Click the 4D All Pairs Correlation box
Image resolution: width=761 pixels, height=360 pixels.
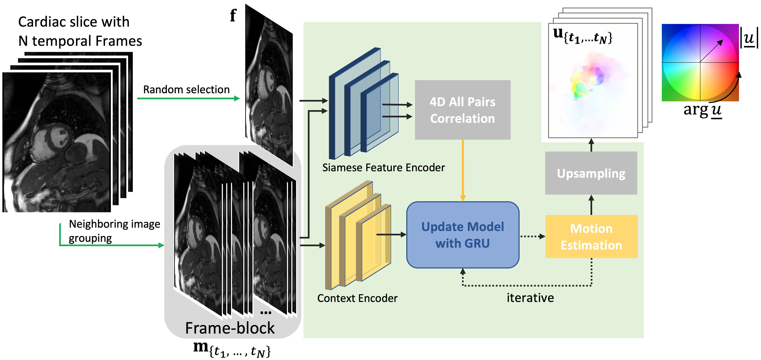point(462,110)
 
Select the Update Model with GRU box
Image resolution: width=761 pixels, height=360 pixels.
point(463,235)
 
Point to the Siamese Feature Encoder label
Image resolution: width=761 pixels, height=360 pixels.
point(383,168)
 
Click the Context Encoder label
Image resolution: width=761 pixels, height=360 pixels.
point(357,298)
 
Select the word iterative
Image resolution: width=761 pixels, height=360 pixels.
point(530,298)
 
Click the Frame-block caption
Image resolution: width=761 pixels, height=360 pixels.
point(230,328)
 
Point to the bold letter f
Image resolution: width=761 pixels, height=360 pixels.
point(233,15)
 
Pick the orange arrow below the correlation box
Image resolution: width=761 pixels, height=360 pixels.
point(463,170)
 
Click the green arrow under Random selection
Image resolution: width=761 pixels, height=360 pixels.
point(188,98)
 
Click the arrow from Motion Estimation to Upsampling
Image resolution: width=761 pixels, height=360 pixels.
point(591,205)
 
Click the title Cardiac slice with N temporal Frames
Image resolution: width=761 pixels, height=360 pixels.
point(80,31)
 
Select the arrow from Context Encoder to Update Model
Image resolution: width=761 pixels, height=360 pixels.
point(391,235)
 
